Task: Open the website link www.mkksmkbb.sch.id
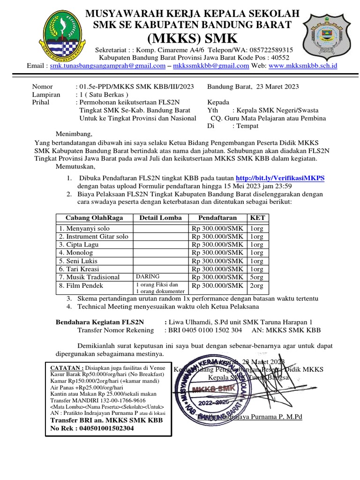(303, 66)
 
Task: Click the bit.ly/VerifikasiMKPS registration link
(280, 179)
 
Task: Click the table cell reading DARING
(147, 277)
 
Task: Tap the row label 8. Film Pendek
(81, 285)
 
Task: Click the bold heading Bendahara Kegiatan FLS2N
(100, 322)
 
